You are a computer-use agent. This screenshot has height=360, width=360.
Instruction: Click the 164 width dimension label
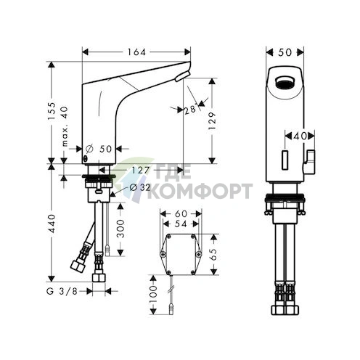tap(136, 52)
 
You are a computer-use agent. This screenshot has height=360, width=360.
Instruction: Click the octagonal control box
tap(181, 255)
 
